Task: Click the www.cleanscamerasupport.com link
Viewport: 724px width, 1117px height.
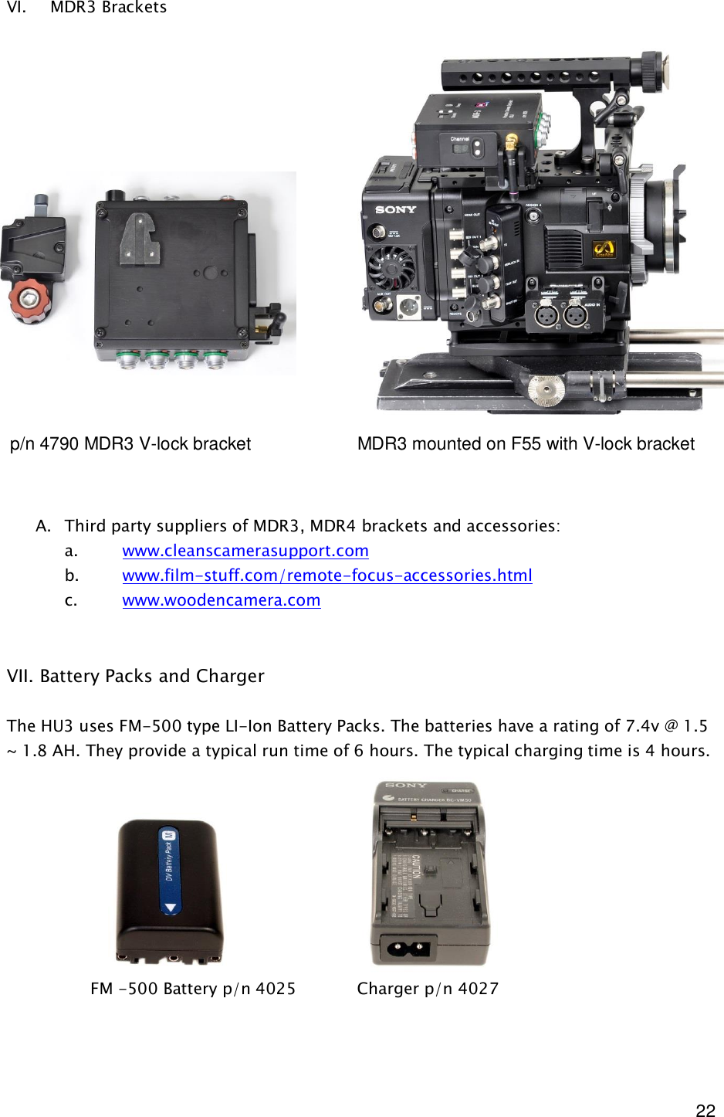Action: coord(245,551)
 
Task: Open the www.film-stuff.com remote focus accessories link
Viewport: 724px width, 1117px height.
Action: coord(326,575)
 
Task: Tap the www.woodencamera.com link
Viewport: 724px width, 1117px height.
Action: coord(221,600)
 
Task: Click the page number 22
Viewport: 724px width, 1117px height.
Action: coord(705,1110)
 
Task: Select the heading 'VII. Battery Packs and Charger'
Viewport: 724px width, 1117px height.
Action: coord(136,676)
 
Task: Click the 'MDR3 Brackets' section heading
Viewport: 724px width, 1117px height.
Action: coord(108,8)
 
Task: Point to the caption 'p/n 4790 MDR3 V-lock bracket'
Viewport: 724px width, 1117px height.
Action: coord(130,444)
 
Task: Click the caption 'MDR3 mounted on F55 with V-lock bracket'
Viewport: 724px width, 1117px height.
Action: coord(526,444)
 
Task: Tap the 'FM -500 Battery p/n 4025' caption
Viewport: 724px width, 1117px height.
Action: coord(193,989)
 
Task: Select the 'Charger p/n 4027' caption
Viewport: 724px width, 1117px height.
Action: coord(428,989)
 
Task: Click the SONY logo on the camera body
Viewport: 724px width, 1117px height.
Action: coord(395,209)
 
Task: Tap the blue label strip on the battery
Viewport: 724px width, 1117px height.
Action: coord(168,870)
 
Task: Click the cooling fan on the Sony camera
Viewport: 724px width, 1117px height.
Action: coord(392,267)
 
